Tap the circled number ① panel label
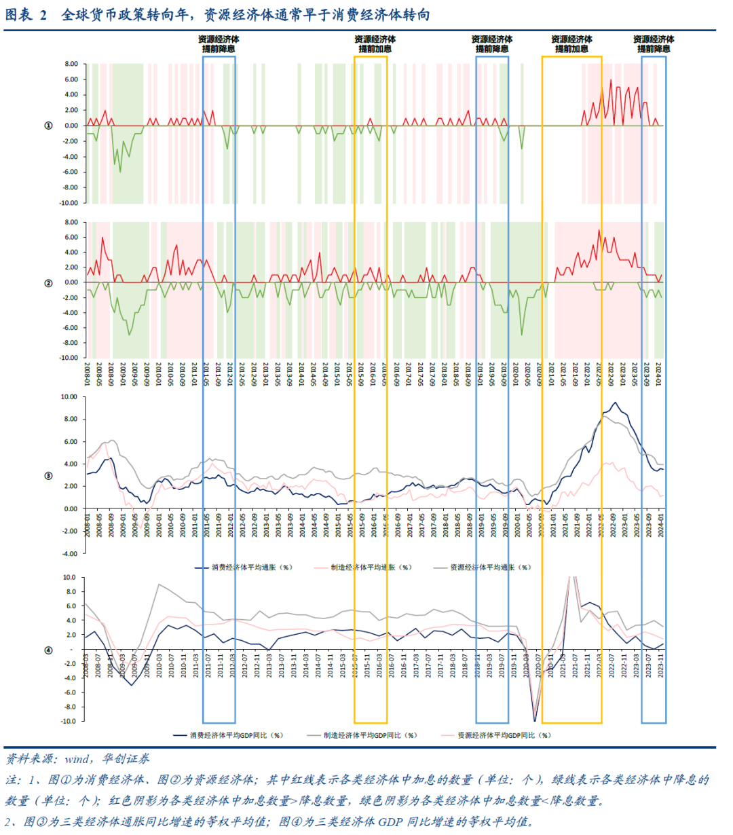tap(48, 126)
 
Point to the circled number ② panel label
tap(48, 282)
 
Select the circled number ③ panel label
tap(48, 475)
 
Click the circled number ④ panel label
tap(48, 650)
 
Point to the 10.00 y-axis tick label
tap(71, 397)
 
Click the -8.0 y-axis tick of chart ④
tap(70, 707)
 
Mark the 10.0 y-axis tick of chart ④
tap(70, 578)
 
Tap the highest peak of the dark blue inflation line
tap(616, 403)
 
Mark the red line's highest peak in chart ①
tap(611, 80)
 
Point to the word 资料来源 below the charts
tap(31, 759)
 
